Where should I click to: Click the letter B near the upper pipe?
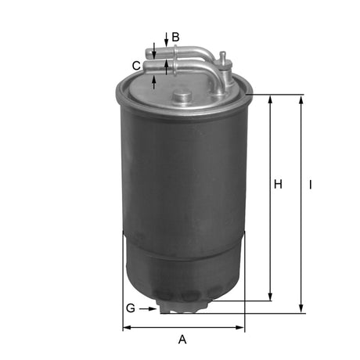click(x=175, y=37)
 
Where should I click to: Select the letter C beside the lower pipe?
click(x=136, y=66)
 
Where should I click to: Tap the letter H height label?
click(x=277, y=185)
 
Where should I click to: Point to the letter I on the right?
click(x=311, y=185)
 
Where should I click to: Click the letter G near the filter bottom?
click(x=130, y=308)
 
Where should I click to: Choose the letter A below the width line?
click(x=182, y=339)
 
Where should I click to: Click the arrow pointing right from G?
click(x=149, y=308)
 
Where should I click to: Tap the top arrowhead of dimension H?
click(x=270, y=99)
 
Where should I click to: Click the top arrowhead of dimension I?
click(x=301, y=99)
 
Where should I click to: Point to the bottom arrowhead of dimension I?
click(x=301, y=309)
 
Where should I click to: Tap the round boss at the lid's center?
click(x=182, y=97)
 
